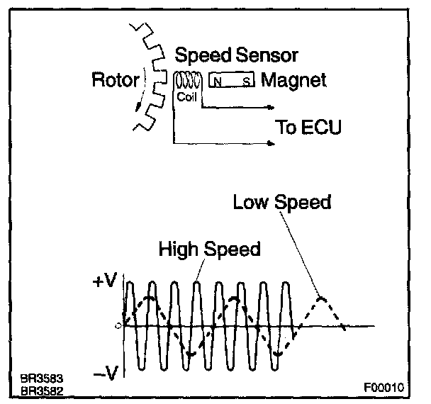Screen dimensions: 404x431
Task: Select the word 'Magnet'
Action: pyautogui.click(x=294, y=80)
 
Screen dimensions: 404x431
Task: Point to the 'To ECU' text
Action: pyautogui.click(x=308, y=128)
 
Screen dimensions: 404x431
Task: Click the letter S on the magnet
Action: pyautogui.click(x=246, y=82)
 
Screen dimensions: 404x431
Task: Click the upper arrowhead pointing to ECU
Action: pyautogui.click(x=272, y=108)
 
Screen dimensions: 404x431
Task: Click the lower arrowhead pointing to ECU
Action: pyautogui.click(x=272, y=144)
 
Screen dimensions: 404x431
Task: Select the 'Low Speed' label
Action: pyautogui.click(x=282, y=203)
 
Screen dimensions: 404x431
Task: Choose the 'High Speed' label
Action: pyautogui.click(x=209, y=249)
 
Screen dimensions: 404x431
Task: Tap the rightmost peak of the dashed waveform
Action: pyautogui.click(x=322, y=298)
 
